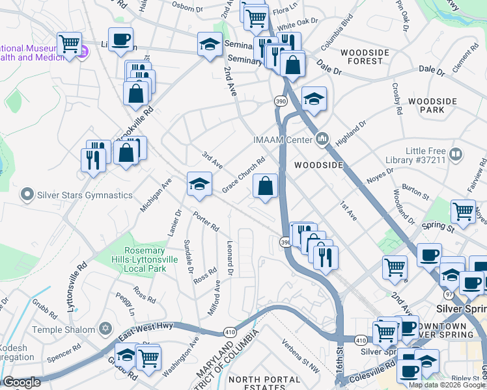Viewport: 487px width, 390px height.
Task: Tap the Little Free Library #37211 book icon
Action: (x=456, y=155)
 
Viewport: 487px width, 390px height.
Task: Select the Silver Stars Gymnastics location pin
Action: (x=27, y=194)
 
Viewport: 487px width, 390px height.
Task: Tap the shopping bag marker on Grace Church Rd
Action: (x=265, y=187)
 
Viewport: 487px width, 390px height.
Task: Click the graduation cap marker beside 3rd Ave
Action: (x=199, y=185)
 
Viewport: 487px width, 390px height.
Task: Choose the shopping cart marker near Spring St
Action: (x=462, y=211)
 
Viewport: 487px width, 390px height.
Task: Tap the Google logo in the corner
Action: (x=21, y=382)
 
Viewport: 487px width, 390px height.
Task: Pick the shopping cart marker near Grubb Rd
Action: (x=148, y=357)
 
